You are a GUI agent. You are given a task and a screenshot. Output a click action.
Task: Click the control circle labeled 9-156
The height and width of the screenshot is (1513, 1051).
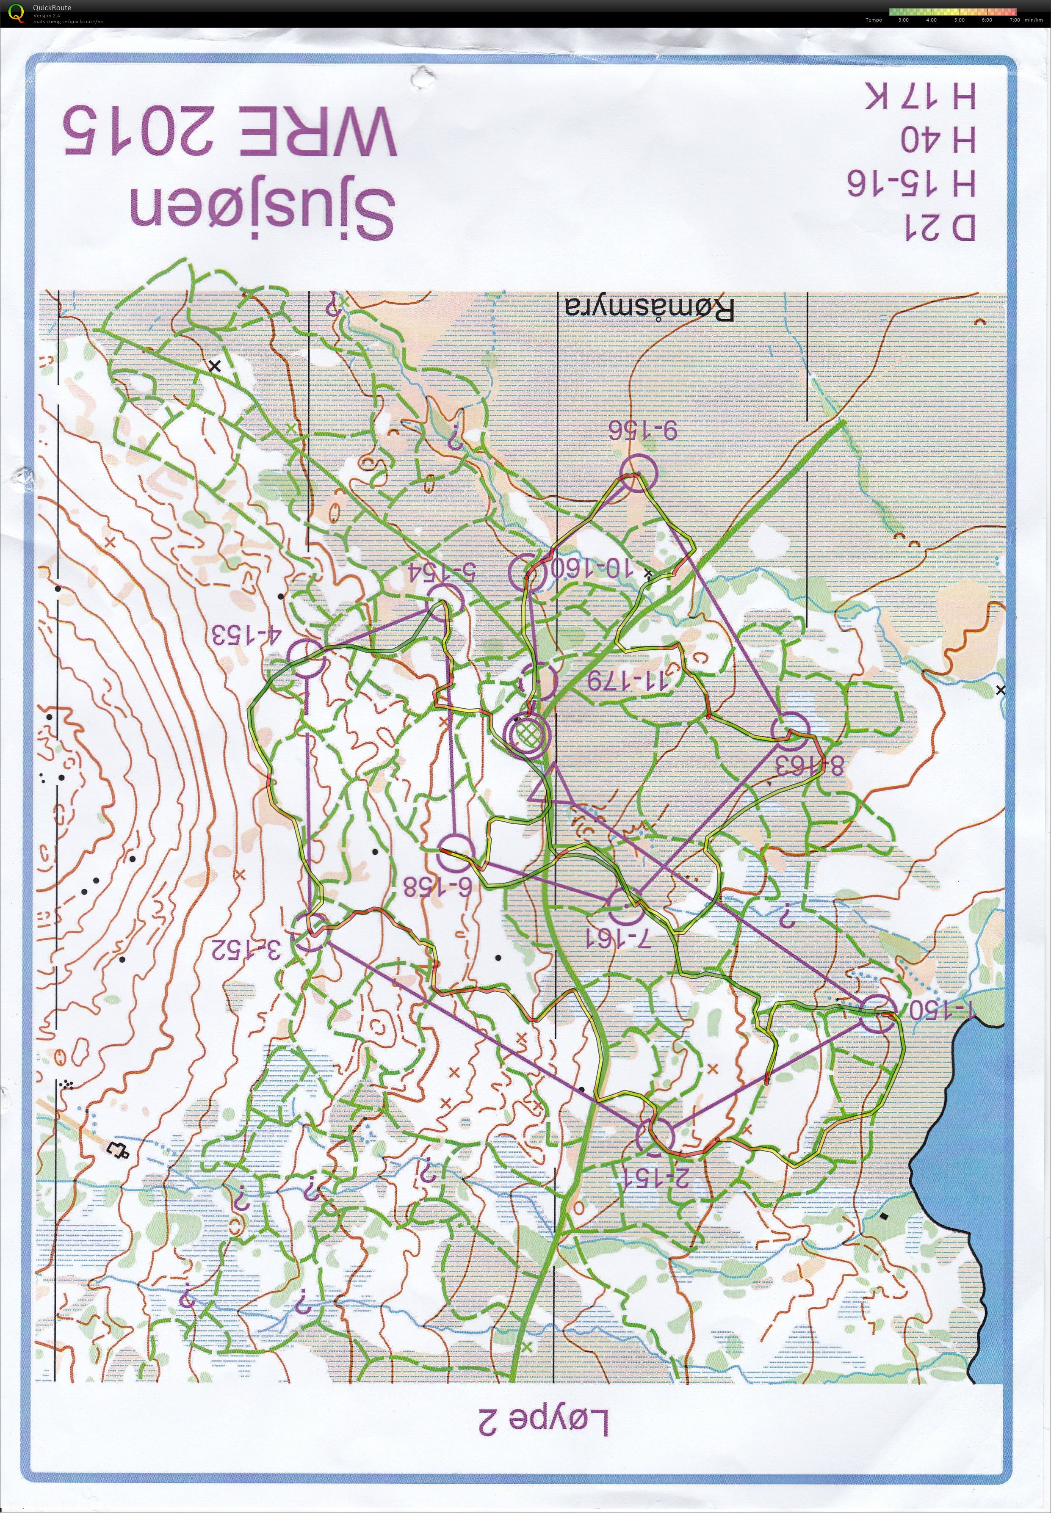(x=637, y=473)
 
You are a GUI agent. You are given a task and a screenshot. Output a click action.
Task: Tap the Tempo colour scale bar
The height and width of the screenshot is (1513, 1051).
(x=952, y=11)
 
